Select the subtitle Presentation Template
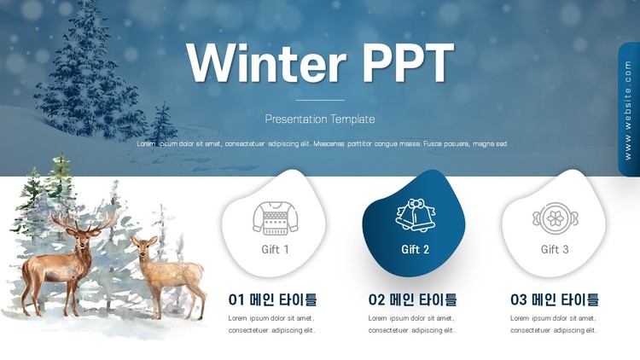point(320,119)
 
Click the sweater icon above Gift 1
point(275,218)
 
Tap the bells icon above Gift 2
point(415,215)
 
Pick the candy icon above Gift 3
point(556,218)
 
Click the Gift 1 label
point(275,249)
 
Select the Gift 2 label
point(415,249)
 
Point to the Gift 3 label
point(555,249)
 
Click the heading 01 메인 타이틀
point(273,300)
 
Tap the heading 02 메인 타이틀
point(412,300)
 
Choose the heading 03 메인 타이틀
point(555,300)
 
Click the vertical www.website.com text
point(628,110)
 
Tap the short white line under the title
point(320,100)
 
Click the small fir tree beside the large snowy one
point(163,122)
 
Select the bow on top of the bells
point(415,203)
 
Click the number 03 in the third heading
point(518,300)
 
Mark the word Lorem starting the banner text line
point(146,143)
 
